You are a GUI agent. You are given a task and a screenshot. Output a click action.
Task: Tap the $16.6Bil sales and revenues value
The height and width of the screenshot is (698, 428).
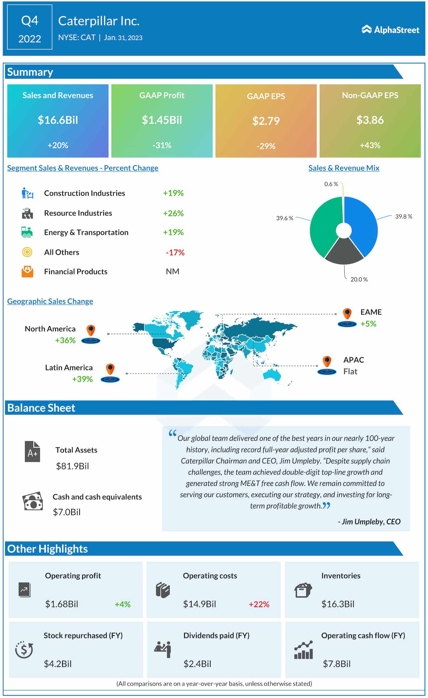(58, 120)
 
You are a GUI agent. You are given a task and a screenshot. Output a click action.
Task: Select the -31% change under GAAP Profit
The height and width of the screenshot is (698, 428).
(162, 145)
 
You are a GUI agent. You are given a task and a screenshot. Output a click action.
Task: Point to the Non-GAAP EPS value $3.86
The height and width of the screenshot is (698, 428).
(370, 120)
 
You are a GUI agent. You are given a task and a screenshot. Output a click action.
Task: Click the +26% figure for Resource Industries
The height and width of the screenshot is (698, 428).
(173, 213)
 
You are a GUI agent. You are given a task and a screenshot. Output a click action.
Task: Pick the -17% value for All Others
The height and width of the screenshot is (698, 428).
(175, 253)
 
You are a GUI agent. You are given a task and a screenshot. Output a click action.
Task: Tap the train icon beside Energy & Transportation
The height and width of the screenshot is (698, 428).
(27, 232)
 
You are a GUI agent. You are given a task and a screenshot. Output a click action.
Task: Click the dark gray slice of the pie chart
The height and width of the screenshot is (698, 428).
(344, 252)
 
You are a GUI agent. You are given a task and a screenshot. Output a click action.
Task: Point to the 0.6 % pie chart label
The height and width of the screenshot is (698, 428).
(331, 184)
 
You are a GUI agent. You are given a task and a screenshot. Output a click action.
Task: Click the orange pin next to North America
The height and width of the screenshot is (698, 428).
(91, 331)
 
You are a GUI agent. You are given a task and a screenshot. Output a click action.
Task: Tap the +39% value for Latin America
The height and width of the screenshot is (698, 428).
(82, 379)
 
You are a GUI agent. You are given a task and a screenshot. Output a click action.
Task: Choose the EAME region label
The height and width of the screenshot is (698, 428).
(371, 312)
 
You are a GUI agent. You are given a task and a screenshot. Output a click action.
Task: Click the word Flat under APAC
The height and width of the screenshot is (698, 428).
(350, 372)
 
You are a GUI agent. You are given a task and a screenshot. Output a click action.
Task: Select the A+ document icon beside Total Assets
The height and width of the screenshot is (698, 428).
(32, 451)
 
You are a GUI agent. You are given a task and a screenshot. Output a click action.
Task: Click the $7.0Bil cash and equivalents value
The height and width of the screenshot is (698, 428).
(67, 512)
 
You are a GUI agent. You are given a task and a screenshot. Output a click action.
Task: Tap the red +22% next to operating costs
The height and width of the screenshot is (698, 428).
(259, 604)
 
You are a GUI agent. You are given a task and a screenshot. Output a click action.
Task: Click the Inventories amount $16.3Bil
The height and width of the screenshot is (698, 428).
(338, 604)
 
